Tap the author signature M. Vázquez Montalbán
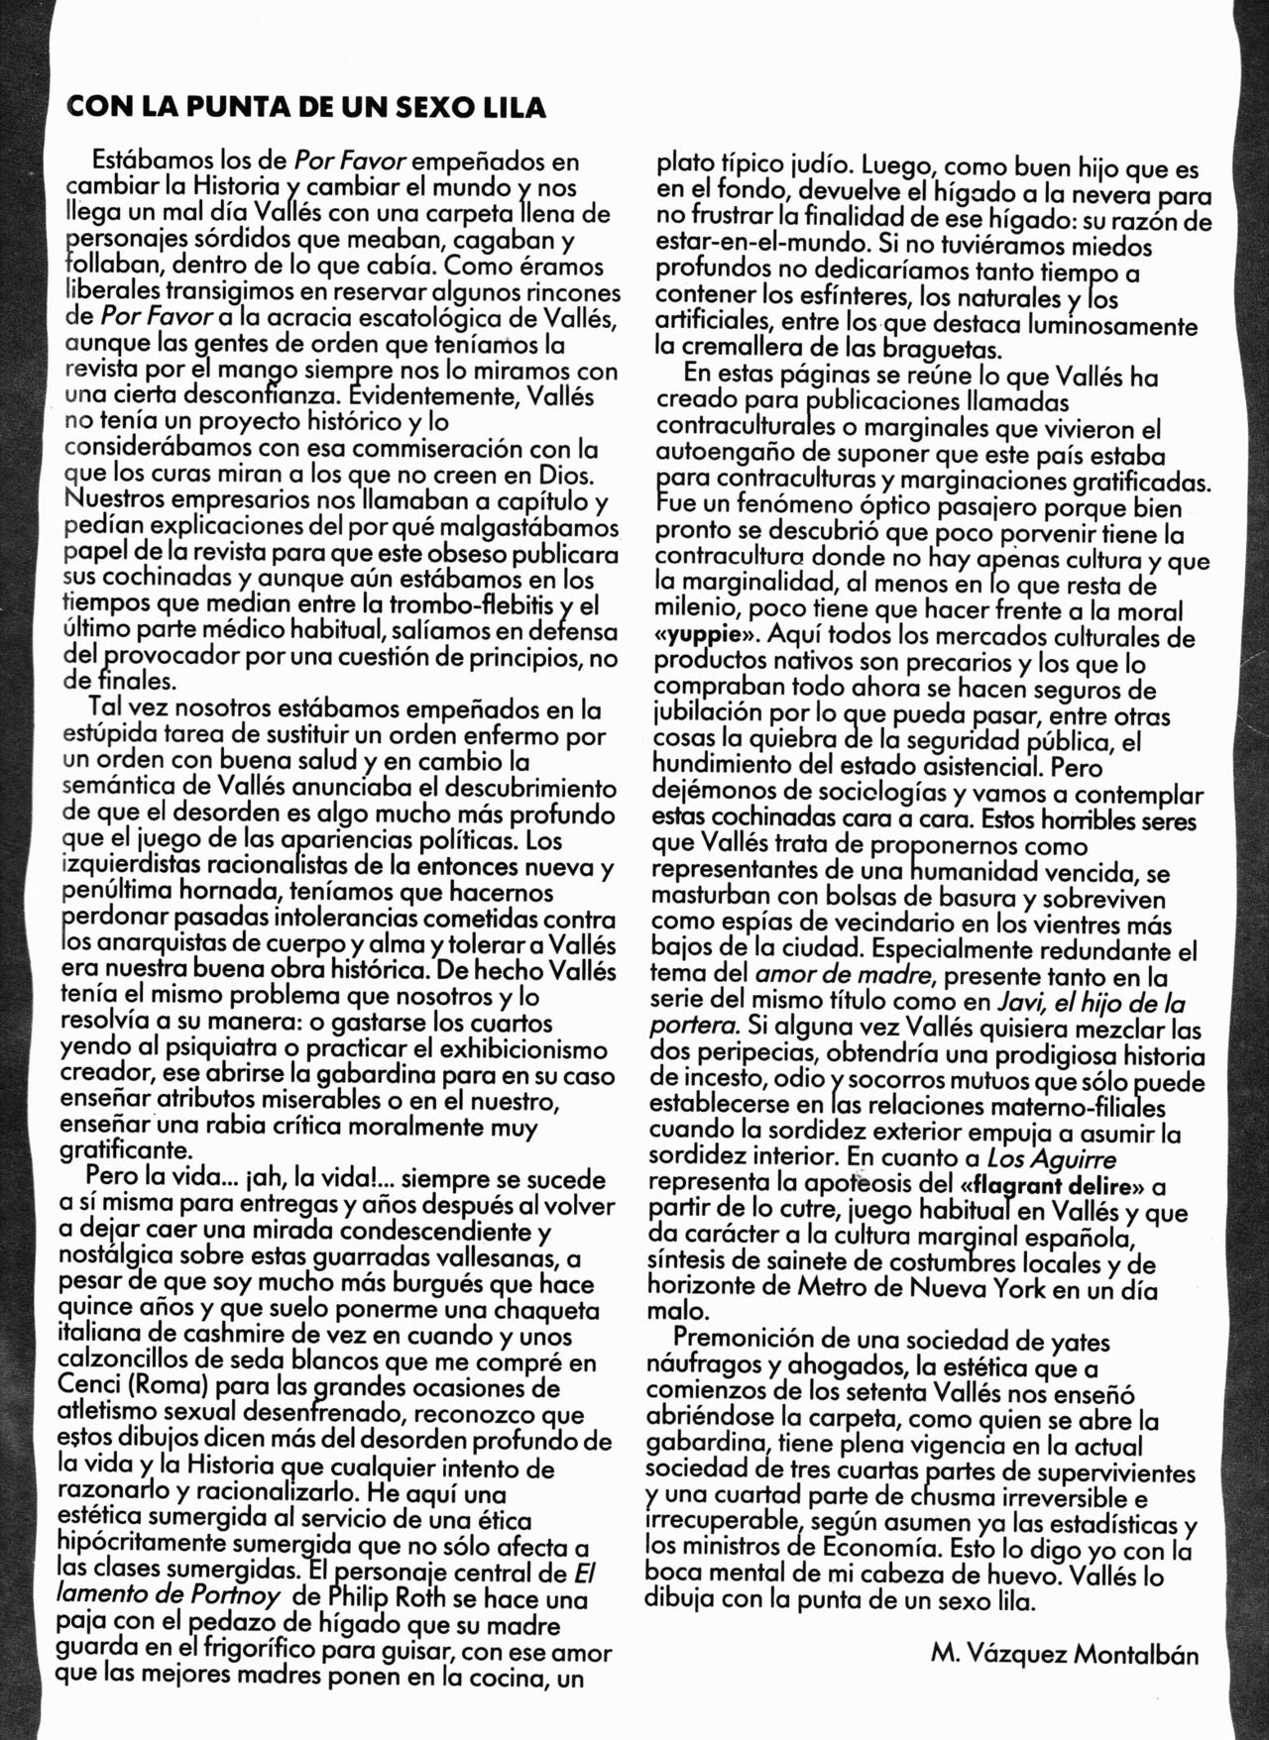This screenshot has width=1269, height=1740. pos(1065,1654)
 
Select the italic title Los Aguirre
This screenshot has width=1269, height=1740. pos(1051,1158)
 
